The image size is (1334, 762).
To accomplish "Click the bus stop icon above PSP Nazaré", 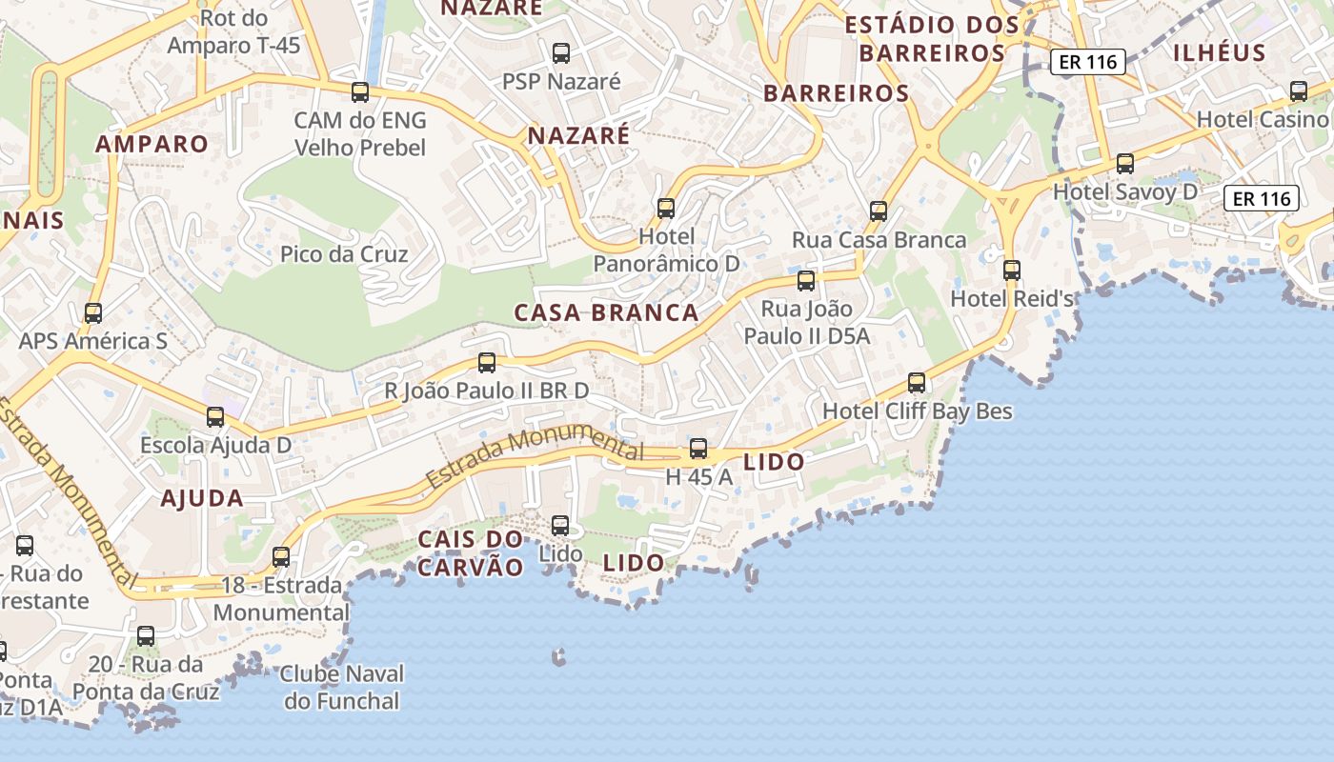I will [561, 52].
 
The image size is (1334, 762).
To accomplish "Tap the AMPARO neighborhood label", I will [152, 144].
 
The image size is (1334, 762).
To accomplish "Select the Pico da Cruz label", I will [344, 254].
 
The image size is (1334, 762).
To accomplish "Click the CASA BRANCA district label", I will [606, 312].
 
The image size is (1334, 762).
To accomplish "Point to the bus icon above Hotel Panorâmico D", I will [666, 208].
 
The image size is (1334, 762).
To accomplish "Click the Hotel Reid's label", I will [1012, 298].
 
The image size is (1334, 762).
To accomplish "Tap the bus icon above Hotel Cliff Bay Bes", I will [917, 383].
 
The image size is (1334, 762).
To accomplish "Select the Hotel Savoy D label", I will [1124, 191].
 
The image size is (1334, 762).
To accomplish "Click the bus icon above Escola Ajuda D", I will [215, 416].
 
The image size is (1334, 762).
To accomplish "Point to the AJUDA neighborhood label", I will [202, 497].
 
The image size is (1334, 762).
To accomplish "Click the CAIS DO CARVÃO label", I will [471, 553].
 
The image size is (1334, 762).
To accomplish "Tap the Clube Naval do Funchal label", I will [342, 688].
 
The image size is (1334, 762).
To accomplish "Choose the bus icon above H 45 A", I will [698, 449].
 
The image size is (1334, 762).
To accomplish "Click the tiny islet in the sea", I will [558, 656].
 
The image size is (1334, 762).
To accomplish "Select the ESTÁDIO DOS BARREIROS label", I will [932, 38].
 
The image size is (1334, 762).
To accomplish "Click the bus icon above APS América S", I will [93, 312].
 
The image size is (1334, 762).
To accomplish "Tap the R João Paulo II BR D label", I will [486, 391].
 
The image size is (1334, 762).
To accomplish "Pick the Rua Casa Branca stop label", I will [879, 240].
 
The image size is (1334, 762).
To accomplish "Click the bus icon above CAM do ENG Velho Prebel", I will [360, 92].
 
